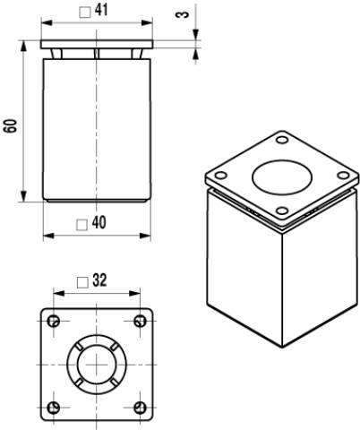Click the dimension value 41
point(101,10)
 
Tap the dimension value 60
point(10,125)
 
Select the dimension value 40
point(99,223)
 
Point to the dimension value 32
point(99,280)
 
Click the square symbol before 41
point(85,13)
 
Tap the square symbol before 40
point(81,225)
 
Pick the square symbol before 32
point(82,282)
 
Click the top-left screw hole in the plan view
point(54,322)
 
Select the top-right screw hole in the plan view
point(140,322)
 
